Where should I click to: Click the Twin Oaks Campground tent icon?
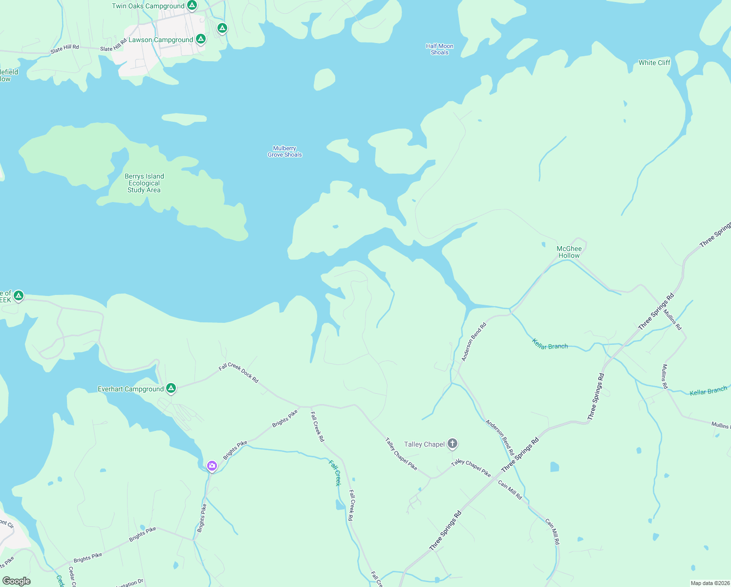pyautogui.click(x=192, y=5)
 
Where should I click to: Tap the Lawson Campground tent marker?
pyautogui.click(x=200, y=39)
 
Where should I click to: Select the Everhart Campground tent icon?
pyautogui.click(x=171, y=388)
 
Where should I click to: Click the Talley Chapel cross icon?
pyautogui.click(x=452, y=444)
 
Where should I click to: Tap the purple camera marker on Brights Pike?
pyautogui.click(x=212, y=465)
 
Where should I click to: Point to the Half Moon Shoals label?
pyautogui.click(x=439, y=49)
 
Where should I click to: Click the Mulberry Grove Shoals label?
pyautogui.click(x=285, y=152)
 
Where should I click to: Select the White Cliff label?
pyautogui.click(x=654, y=63)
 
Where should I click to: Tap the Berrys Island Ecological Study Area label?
pyautogui.click(x=144, y=183)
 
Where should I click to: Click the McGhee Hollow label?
pyautogui.click(x=569, y=252)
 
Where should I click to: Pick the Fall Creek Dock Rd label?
pyautogui.click(x=238, y=373)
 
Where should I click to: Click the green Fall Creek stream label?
pyautogui.click(x=334, y=473)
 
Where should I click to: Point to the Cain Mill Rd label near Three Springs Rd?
pyautogui.click(x=510, y=490)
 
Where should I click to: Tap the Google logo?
pyautogui.click(x=17, y=581)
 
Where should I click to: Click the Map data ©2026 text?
pyautogui.click(x=709, y=583)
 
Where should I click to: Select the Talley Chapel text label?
pyautogui.click(x=424, y=444)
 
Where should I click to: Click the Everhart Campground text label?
pyautogui.click(x=130, y=389)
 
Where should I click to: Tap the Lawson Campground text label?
pyautogui.click(x=160, y=40)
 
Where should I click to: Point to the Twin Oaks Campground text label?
pyautogui.click(x=148, y=6)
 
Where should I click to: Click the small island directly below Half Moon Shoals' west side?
pyautogui.click(x=324, y=79)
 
